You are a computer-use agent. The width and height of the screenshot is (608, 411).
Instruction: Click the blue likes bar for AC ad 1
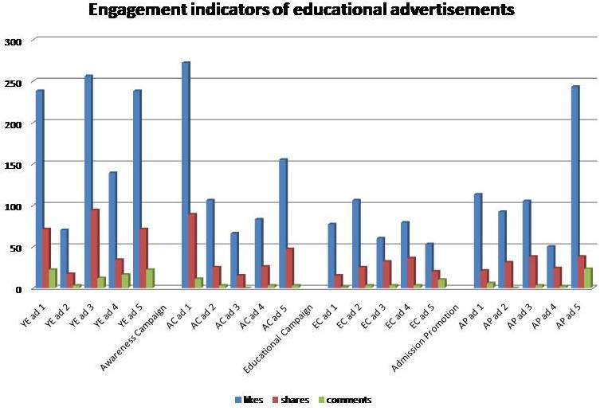click(186, 175)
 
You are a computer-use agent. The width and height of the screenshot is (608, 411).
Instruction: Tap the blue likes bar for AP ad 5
click(575, 187)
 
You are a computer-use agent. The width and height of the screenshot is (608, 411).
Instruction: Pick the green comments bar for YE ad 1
click(53, 279)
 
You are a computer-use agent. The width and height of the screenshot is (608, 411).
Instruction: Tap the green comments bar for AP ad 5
click(588, 279)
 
